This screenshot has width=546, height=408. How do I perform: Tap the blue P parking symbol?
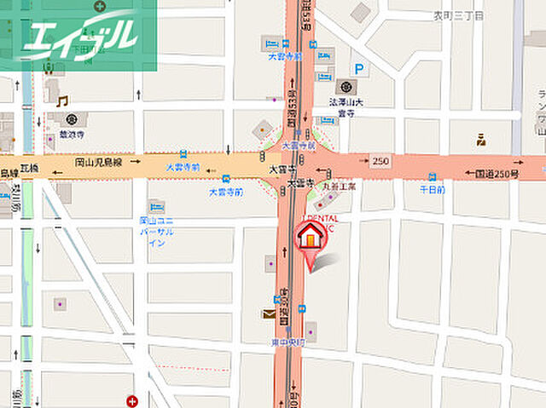(361, 70)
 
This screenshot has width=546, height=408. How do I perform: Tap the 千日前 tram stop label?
(432, 189)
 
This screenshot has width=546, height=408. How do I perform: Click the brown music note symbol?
(61, 101)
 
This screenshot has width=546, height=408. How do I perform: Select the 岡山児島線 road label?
(99, 161)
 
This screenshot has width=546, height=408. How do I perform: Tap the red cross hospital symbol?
(131, 400)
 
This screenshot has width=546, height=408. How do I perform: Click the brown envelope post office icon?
(269, 313)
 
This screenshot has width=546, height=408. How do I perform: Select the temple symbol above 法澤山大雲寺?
(346, 86)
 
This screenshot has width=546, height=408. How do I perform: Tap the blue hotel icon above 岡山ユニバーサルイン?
(155, 207)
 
